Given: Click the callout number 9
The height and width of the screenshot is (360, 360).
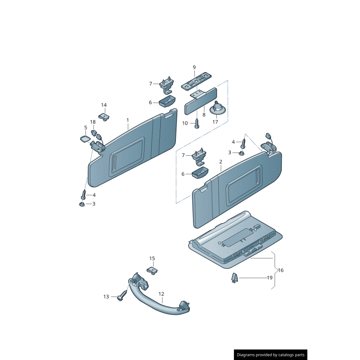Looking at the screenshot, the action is [194, 67].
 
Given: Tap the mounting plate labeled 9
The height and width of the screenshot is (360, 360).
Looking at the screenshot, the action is [196, 81].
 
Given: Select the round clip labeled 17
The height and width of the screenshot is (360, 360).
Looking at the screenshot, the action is [217, 108].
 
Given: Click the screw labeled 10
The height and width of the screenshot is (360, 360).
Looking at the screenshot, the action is [197, 123].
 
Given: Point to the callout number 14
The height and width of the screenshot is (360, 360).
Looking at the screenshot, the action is [104, 105].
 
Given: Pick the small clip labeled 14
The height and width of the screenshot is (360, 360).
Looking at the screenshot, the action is [104, 117].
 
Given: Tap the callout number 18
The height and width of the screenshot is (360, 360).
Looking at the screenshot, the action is [93, 122].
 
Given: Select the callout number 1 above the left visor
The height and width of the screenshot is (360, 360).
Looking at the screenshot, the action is [128, 120].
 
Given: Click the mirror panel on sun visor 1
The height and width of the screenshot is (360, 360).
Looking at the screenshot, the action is [126, 157].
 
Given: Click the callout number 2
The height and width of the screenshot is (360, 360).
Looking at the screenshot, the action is [220, 162].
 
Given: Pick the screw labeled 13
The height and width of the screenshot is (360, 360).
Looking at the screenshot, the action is [122, 295].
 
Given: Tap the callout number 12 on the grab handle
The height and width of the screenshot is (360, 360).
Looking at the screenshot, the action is [161, 294].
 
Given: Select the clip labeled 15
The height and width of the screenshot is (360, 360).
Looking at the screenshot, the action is [152, 271].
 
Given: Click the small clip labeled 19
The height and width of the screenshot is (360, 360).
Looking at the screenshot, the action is [234, 278].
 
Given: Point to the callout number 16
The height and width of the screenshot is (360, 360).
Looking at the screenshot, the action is [281, 270].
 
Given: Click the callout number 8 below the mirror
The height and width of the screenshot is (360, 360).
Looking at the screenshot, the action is [204, 115].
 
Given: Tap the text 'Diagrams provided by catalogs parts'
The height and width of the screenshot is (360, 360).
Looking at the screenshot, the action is [271, 355].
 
